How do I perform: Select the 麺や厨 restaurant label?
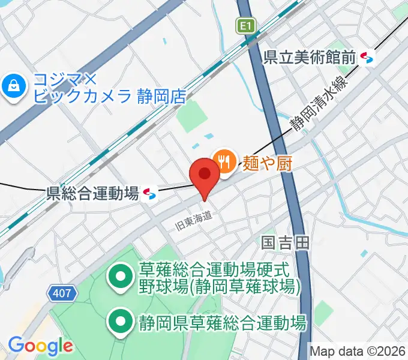coord(268,162)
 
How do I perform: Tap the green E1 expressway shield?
coord(244,26)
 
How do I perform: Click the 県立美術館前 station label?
coord(310,58)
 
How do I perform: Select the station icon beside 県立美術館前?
coord(367,58)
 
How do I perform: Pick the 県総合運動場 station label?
coord(93,193)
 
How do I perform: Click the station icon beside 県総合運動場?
coord(150,193)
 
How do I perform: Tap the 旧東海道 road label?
coord(193,222)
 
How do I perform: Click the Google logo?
coord(40,346)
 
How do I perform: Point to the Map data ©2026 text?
coord(358,350)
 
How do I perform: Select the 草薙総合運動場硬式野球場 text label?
coord(220,277)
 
